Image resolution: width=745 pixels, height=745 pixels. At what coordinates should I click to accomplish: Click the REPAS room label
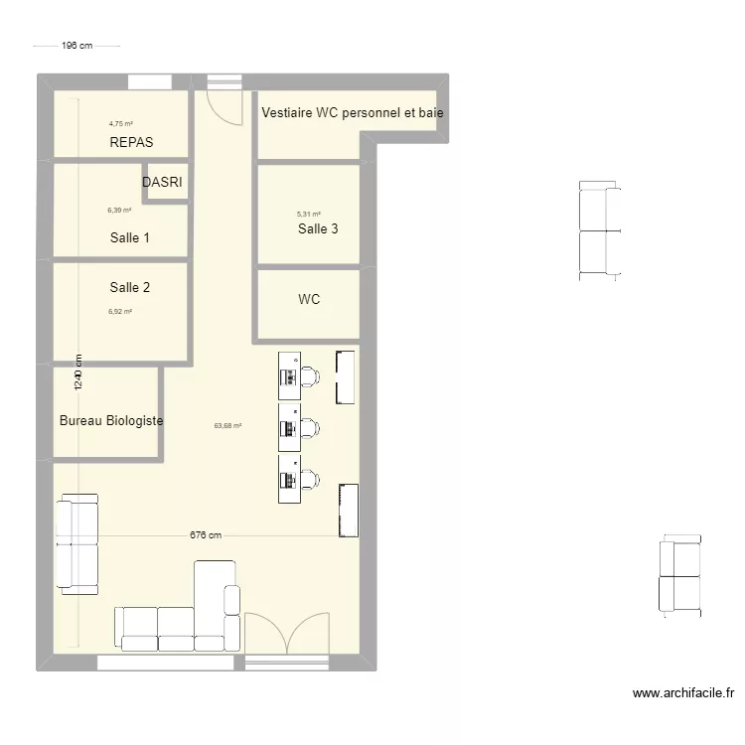coord(131,142)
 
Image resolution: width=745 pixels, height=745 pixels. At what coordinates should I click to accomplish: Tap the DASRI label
coord(162,183)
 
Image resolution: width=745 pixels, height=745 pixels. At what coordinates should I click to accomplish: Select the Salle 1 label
coord(130,237)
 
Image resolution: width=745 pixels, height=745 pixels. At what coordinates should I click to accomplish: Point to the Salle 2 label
coord(130,287)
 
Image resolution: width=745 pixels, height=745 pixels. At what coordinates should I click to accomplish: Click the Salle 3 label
coord(318,228)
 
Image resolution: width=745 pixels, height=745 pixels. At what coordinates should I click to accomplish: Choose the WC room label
coord(309,299)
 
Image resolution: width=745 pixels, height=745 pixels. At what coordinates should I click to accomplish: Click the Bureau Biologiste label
coord(111,420)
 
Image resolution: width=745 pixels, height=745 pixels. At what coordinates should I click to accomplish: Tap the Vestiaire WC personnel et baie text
coord(353,113)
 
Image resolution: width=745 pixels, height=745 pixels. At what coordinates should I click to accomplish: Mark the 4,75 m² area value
coord(120,124)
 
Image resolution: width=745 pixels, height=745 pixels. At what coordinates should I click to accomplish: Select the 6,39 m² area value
coord(119,211)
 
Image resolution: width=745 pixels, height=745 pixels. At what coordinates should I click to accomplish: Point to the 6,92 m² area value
coord(120,311)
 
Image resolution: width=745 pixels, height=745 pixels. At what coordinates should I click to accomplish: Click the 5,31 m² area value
coord(309,214)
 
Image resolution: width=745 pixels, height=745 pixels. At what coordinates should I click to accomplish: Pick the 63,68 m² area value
coord(227,426)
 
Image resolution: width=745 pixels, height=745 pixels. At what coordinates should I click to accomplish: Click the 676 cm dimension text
coord(206,535)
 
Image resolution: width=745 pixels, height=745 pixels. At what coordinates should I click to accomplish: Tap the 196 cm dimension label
coord(76,46)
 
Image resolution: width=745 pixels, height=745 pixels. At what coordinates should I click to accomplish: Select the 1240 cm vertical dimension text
coord(77,373)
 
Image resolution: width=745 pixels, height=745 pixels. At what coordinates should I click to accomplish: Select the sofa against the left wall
coord(77,543)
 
